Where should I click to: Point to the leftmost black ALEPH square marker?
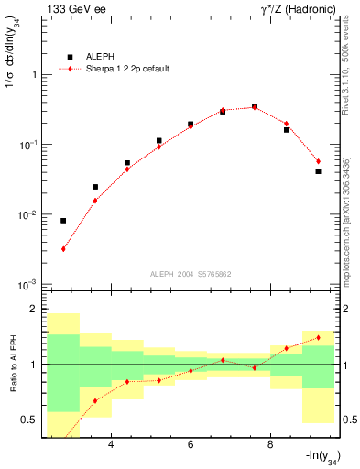pos(63,221)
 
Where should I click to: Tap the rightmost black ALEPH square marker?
pos(318,171)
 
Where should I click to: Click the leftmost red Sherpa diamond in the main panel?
pos(63,248)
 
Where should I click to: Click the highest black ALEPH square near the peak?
pos(255,106)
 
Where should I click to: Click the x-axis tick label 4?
pos(111,446)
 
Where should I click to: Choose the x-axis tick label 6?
pos(191,446)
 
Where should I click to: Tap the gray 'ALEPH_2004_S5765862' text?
pos(191,274)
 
